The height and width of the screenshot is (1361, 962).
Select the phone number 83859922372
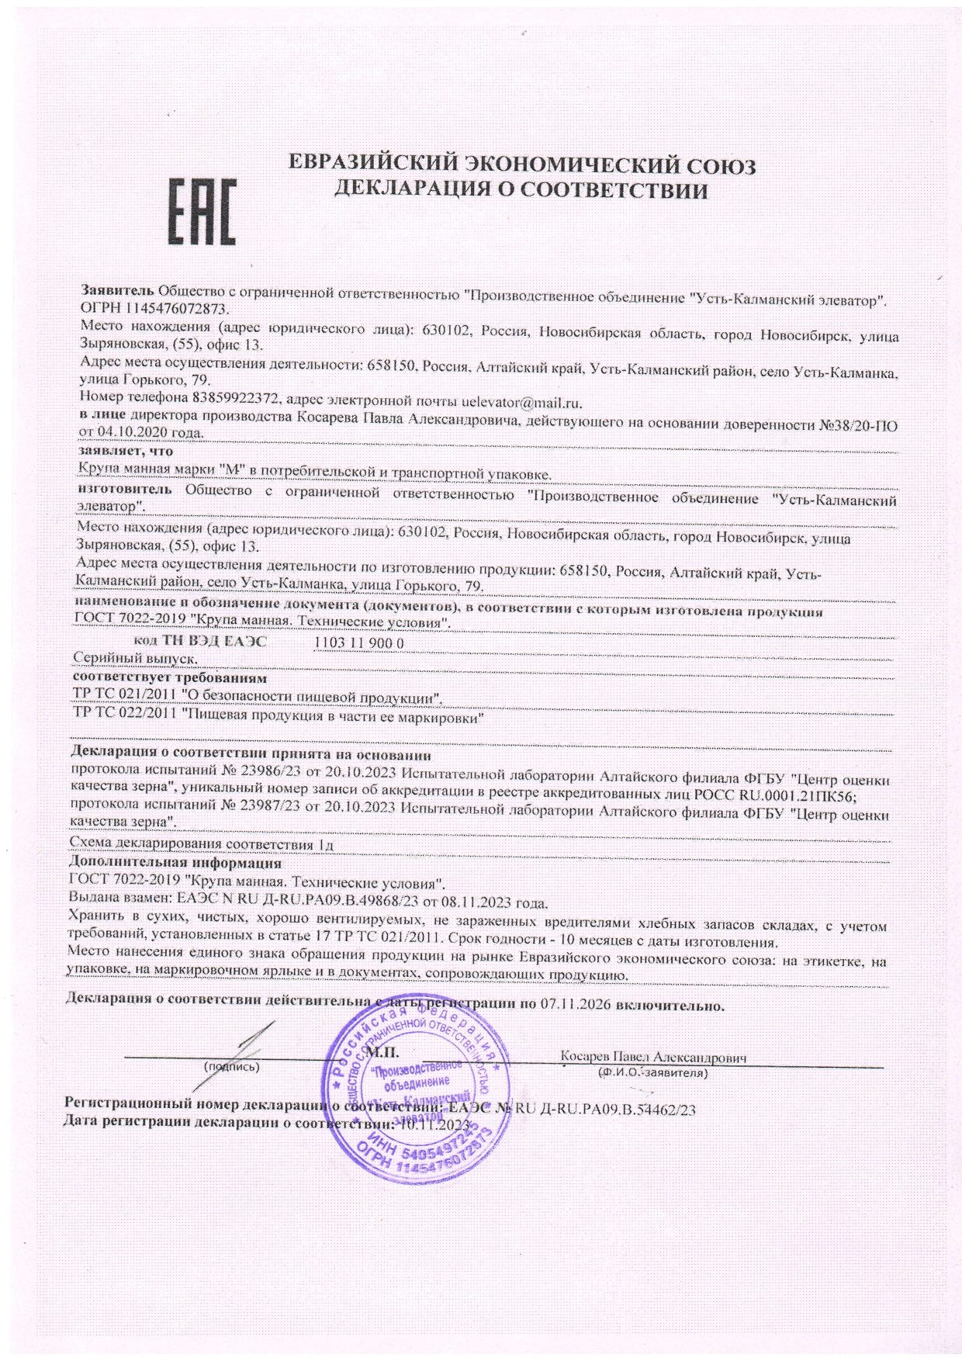click(246, 403)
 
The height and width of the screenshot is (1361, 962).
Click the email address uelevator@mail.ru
click(521, 403)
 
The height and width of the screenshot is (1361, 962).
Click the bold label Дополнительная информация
click(175, 862)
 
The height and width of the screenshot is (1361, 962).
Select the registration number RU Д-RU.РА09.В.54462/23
click(604, 1110)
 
